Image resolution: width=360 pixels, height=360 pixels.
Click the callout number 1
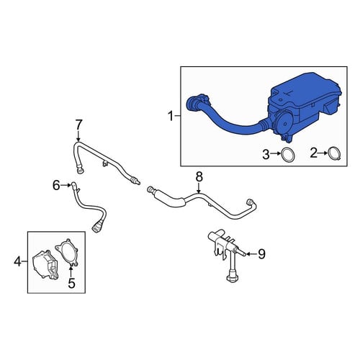point(171,117)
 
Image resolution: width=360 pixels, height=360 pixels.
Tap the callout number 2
point(313,153)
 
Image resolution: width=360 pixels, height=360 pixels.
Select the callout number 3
point(266,155)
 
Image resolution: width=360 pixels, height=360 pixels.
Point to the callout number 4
point(17,261)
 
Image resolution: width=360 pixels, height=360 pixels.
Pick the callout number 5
point(72,283)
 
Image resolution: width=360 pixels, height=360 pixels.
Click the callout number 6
point(56,185)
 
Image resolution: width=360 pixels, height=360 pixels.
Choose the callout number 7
point(78,125)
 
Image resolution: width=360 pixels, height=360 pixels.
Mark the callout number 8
point(199,177)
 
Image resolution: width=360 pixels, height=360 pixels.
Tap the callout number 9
point(261,254)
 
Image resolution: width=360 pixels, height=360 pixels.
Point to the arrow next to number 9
point(251,253)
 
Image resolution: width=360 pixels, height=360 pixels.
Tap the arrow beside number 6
point(66,185)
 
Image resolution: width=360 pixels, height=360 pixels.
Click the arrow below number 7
point(78,136)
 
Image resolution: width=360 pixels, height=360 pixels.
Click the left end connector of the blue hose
point(192,103)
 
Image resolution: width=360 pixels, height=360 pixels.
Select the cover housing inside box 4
point(45,264)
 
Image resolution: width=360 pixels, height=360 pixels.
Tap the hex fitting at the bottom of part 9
point(233,279)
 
